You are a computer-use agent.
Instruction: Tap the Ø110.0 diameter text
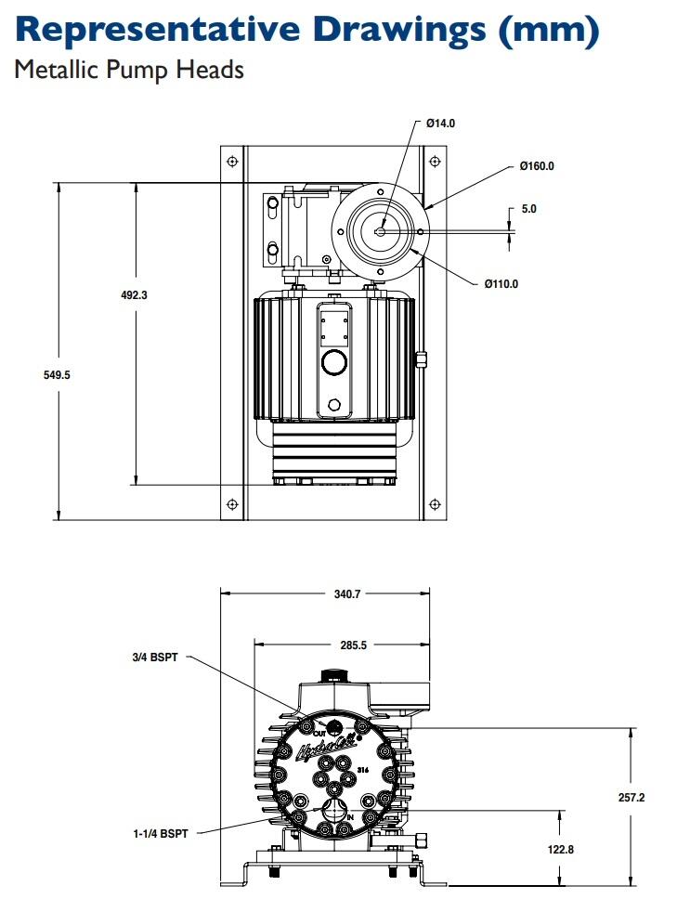(x=501, y=284)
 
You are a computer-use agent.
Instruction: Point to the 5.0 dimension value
(x=528, y=209)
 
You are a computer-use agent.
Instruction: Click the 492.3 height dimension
(x=136, y=294)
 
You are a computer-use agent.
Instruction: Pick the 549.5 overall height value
(x=58, y=375)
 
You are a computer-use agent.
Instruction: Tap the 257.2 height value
(x=631, y=798)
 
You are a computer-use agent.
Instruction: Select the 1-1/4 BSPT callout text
(x=161, y=834)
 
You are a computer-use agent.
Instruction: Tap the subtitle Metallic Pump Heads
(x=129, y=70)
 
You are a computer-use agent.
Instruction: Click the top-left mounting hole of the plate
(x=232, y=163)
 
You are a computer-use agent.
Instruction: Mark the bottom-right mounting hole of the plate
(x=434, y=503)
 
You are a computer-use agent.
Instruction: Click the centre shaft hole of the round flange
(x=382, y=231)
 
